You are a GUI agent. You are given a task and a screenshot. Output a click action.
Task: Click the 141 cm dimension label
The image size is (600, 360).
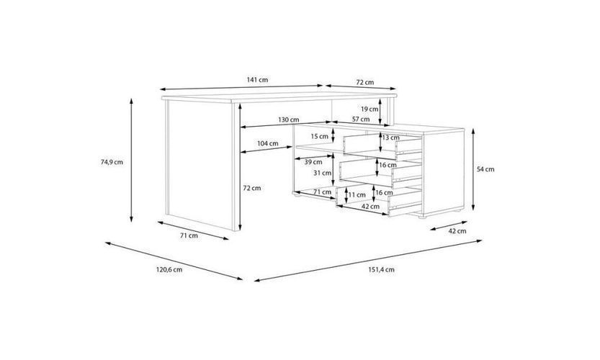(x=257, y=80)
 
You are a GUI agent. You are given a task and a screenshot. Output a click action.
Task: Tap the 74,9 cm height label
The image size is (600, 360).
(x=112, y=162)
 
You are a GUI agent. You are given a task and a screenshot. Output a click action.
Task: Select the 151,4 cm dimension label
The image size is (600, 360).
(x=381, y=269)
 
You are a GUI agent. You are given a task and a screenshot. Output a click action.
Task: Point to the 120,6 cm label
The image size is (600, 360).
(x=169, y=269)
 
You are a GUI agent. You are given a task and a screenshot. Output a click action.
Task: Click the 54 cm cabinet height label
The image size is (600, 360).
(x=485, y=169)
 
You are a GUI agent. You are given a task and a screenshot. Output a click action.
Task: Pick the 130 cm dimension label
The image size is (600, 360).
(x=289, y=120)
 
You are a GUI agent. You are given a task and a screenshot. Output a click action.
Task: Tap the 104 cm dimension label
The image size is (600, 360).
(x=267, y=143)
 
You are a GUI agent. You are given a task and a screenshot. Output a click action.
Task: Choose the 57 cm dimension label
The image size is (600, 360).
(x=361, y=119)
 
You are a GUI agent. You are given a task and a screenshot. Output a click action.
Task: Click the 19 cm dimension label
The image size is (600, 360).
(x=370, y=109)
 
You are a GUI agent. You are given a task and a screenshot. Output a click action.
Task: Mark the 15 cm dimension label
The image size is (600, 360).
(x=320, y=136)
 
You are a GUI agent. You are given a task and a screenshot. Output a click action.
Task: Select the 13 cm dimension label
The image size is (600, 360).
(x=390, y=138)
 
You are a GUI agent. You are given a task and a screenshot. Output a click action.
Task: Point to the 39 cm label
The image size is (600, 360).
(x=313, y=162)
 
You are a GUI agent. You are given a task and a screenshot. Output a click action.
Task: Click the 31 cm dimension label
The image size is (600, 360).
(x=322, y=173)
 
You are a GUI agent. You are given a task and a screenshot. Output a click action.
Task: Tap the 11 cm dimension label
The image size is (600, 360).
(x=357, y=194)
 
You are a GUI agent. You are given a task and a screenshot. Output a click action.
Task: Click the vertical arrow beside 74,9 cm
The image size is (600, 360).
(x=131, y=160)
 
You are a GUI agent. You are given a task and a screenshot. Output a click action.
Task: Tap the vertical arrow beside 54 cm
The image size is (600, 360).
(x=473, y=169)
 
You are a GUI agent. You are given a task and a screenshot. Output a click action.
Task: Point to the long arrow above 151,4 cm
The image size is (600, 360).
(x=368, y=261)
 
